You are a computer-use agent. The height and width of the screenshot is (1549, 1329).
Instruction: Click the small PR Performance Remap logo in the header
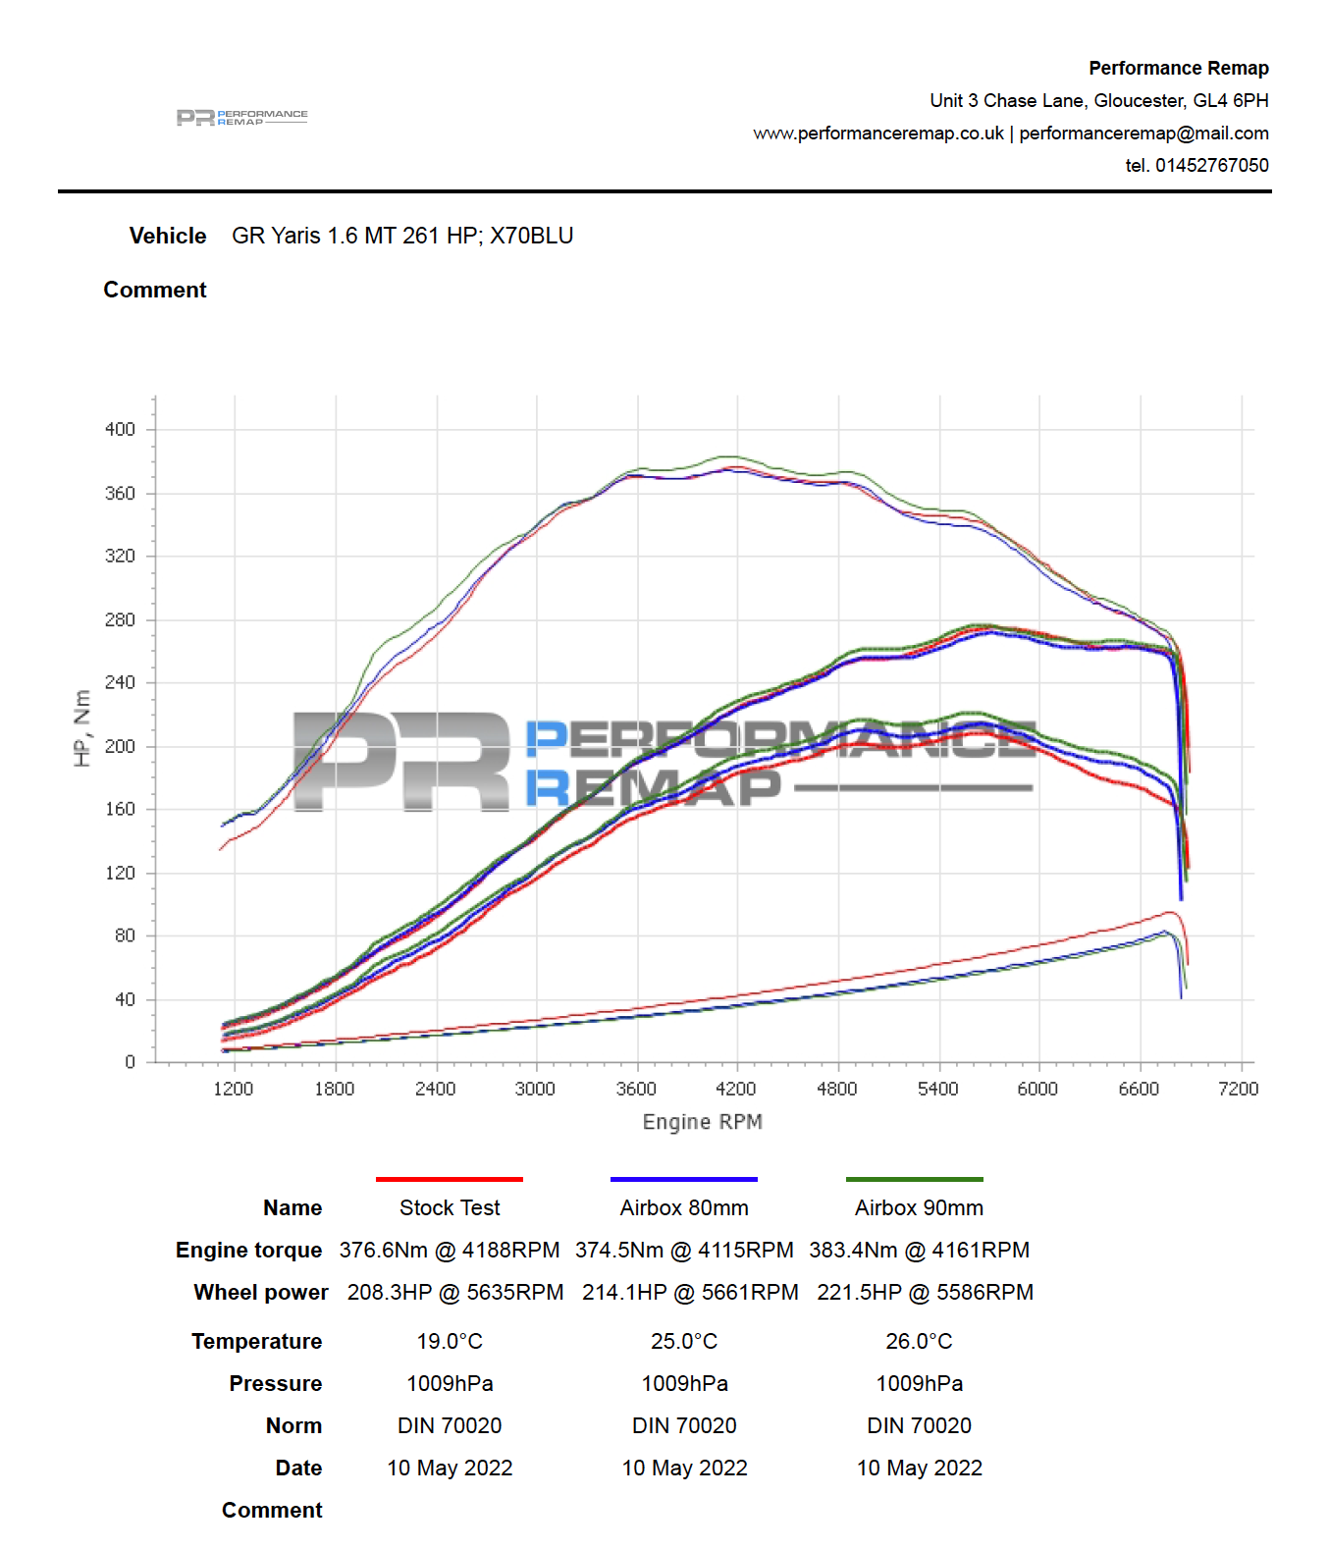click(x=241, y=118)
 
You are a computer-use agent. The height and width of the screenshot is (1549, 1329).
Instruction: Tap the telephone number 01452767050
click(x=1211, y=166)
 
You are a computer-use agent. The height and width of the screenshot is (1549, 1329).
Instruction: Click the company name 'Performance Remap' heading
click(x=1178, y=69)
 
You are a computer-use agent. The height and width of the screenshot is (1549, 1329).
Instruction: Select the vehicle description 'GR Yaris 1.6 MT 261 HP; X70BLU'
click(x=402, y=237)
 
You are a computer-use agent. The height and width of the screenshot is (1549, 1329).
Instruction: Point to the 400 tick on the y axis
click(x=120, y=429)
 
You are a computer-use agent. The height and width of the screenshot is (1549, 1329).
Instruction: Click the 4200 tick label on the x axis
click(x=735, y=1089)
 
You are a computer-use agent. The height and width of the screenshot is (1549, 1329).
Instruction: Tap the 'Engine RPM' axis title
click(x=702, y=1122)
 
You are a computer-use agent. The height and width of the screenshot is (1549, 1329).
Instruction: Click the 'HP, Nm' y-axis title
click(x=82, y=727)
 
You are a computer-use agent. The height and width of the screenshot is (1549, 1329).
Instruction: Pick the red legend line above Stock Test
click(x=449, y=1179)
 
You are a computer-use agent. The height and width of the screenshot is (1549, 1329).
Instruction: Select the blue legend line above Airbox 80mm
click(x=683, y=1179)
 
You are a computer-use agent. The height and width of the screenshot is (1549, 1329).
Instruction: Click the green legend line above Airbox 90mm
click(x=914, y=1179)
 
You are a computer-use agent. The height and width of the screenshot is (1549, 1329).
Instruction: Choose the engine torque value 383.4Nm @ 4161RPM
click(x=919, y=1251)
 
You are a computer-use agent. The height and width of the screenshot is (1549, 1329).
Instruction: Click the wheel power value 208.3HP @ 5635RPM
click(x=454, y=1293)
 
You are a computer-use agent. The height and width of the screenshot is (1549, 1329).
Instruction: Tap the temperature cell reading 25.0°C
click(x=684, y=1342)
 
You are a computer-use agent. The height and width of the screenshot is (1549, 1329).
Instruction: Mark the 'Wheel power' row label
click(x=261, y=1293)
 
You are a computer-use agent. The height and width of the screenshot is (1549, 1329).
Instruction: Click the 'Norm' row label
click(x=293, y=1426)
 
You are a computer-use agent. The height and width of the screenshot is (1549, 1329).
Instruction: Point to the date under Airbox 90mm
click(x=919, y=1469)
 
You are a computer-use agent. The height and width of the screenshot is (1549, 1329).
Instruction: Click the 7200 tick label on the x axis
click(x=1238, y=1089)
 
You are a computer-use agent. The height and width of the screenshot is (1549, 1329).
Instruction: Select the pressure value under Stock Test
click(x=450, y=1384)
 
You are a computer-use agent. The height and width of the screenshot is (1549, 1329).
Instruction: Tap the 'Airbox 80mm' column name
click(x=684, y=1208)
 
